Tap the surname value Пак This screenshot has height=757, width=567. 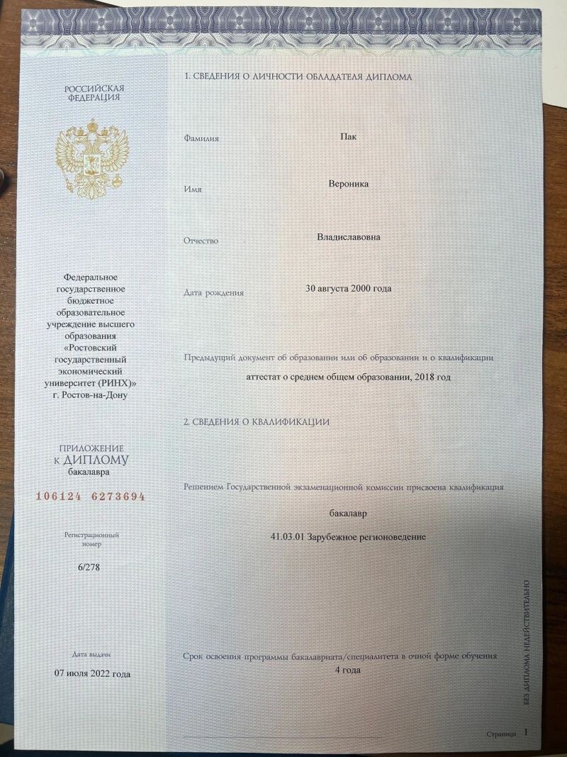348,136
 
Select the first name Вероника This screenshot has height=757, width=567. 348,184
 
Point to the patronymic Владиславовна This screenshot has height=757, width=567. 348,237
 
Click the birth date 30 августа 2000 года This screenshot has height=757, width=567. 348,288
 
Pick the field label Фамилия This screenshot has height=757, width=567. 201,138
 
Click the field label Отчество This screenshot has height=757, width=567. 201,241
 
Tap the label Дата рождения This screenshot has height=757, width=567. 213,292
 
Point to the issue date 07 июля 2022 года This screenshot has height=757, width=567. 92,673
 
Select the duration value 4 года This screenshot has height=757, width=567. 348,669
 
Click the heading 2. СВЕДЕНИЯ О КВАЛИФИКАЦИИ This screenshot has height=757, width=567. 256,422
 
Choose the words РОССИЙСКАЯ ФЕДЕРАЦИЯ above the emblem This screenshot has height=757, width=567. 94,93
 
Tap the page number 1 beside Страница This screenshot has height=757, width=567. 526,731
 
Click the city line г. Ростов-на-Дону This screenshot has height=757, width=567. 95,394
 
